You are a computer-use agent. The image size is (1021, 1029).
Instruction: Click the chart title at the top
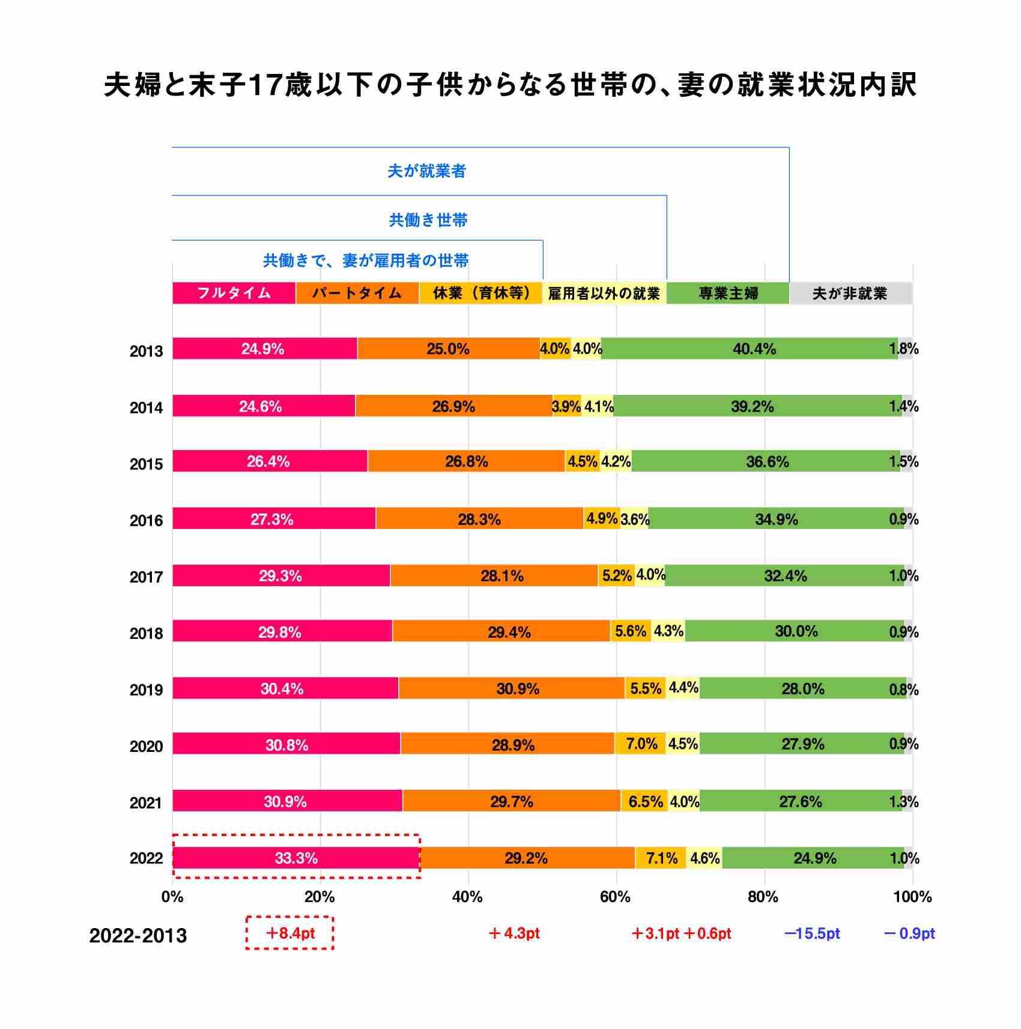coord(510,85)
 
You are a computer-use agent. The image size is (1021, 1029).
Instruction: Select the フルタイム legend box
coord(234,293)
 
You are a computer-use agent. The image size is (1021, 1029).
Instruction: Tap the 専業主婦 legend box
coord(728,293)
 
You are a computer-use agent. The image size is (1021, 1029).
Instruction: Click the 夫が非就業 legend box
coord(850,293)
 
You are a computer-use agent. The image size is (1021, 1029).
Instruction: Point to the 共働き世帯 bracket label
coord(428,220)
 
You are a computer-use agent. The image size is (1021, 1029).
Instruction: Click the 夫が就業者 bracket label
coord(426,171)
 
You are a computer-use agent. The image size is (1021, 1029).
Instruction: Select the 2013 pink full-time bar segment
coord(264,349)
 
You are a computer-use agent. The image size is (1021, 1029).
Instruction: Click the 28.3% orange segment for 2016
coord(479,519)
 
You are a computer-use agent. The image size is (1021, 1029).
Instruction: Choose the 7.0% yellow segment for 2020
coord(640,744)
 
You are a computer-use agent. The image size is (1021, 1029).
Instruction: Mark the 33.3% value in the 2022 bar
coord(296,858)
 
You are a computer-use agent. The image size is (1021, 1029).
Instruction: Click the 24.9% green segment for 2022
coord(814,858)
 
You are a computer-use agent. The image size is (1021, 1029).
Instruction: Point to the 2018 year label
coord(146,634)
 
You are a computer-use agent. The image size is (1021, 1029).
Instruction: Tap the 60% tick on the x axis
coord(615,897)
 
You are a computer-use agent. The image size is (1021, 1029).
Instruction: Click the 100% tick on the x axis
coord(912,897)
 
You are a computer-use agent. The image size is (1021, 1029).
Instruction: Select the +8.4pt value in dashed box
coord(290,933)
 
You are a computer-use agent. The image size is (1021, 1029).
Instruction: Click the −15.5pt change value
coord(812,933)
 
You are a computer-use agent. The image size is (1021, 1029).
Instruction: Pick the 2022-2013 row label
coord(138,936)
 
